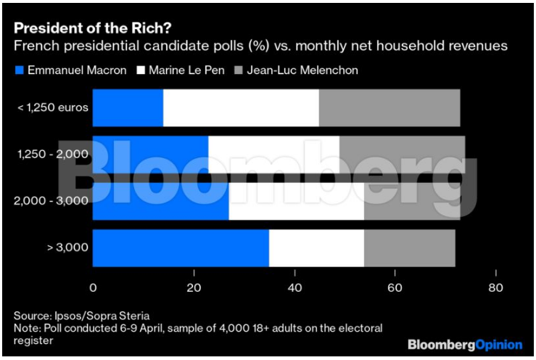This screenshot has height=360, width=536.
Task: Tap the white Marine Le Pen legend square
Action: pyautogui.click(x=140, y=70)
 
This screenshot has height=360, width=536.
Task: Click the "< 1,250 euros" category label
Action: pyautogui.click(x=53, y=107)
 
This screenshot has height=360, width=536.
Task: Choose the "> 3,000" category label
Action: pyautogui.click(x=67, y=247)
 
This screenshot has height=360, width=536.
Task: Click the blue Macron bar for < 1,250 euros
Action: pyautogui.click(x=128, y=107)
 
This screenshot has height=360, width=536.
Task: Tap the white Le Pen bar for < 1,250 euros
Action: pyautogui.click(x=241, y=107)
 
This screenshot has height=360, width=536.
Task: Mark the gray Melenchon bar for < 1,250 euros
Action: pyautogui.click(x=389, y=107)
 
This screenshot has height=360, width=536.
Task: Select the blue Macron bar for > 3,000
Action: pyautogui.click(x=181, y=247)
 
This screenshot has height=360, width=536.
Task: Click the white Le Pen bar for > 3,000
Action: pyautogui.click(x=316, y=247)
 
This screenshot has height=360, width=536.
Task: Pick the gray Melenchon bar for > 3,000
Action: pyautogui.click(x=409, y=247)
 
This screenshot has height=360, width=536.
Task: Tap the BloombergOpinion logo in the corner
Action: pyautogui.click(x=464, y=343)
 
